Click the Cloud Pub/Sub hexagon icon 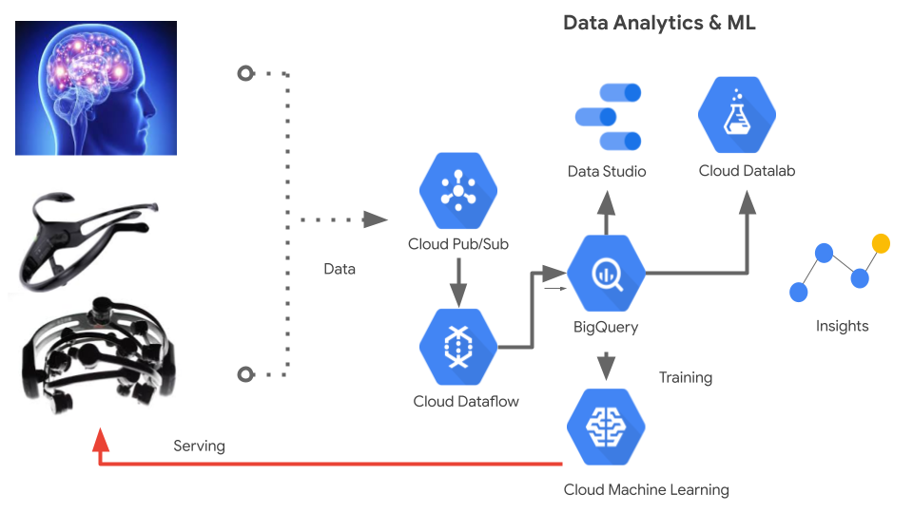point(458,191)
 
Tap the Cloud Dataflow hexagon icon point(458,347)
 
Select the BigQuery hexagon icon point(606,273)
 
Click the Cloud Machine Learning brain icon point(606,427)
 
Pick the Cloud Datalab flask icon point(737,115)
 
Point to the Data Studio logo point(608,117)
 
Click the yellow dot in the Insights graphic point(881,243)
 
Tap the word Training point(686,377)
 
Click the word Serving point(199,446)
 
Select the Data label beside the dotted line point(340,269)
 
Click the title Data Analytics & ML point(659,23)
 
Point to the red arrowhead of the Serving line point(101,439)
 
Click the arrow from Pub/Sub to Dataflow point(458,283)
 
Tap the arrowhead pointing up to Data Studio point(606,202)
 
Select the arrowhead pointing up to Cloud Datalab point(748,202)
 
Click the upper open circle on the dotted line point(245,73)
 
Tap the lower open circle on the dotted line point(245,374)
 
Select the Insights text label point(842,326)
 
